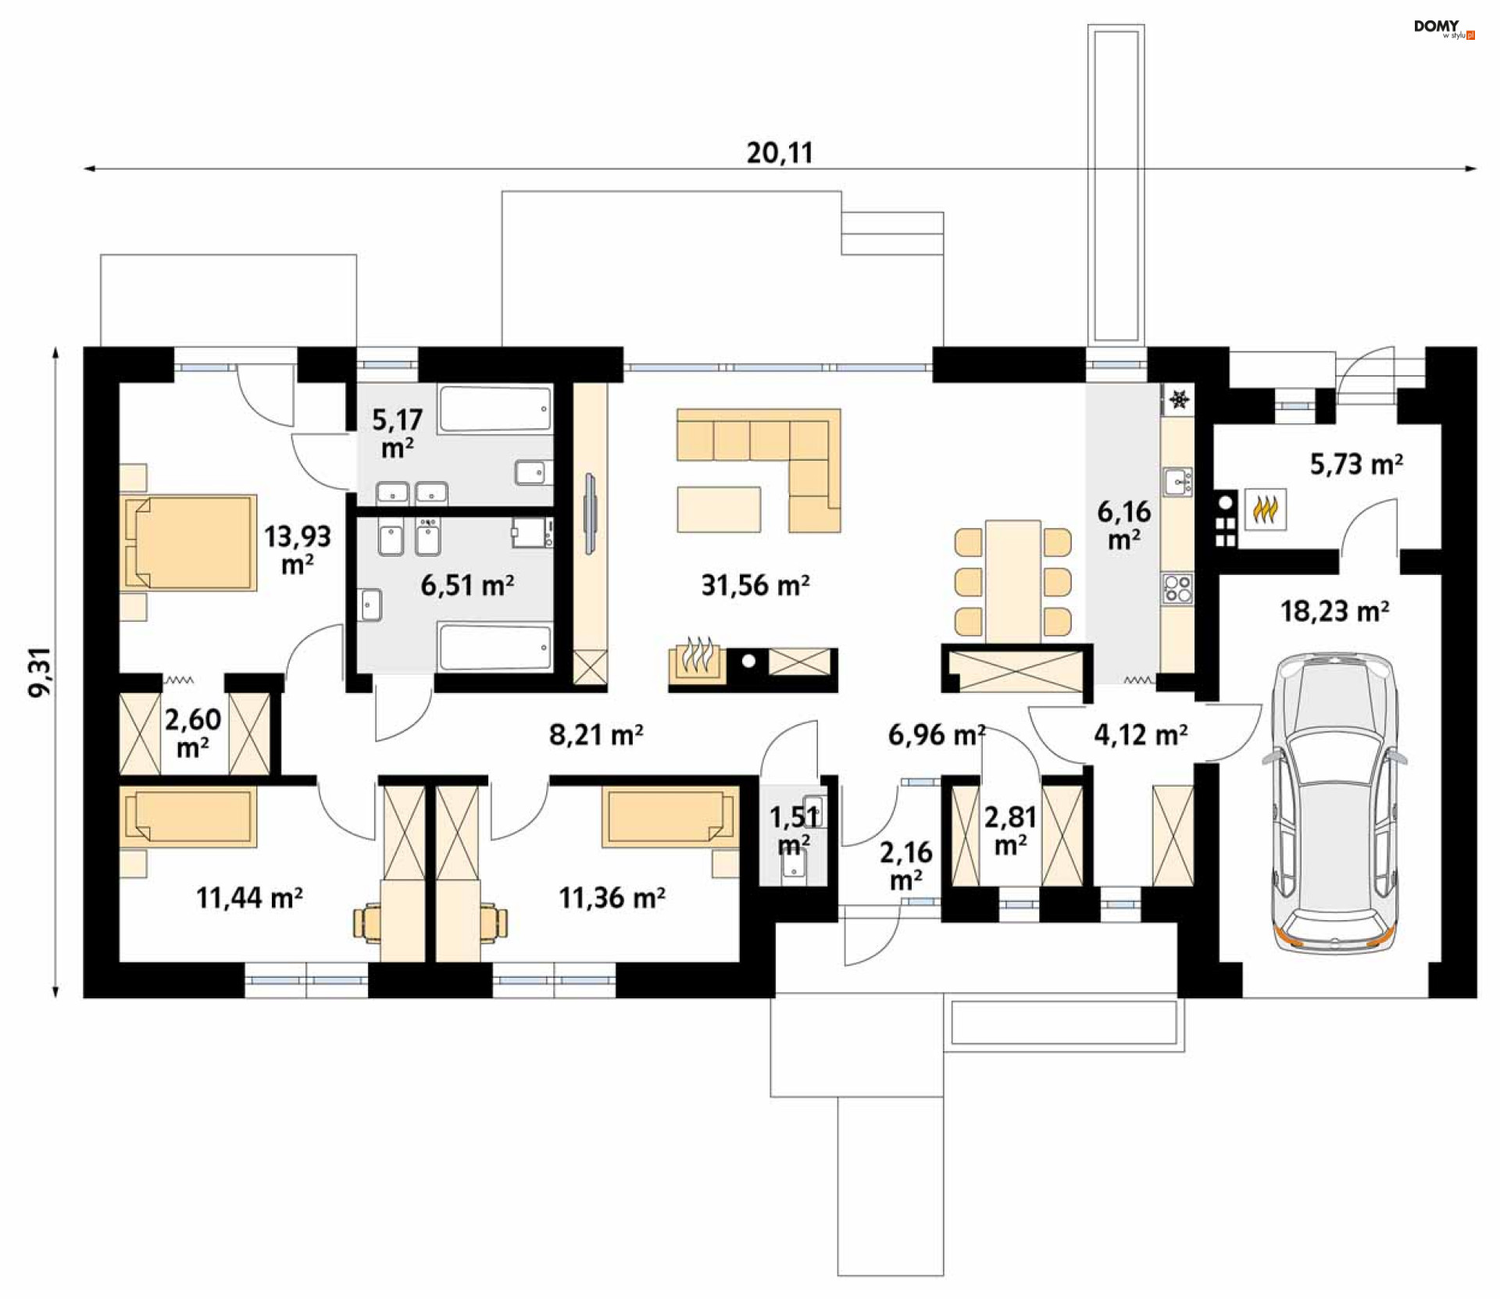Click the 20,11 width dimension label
click(780, 152)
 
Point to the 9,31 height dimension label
click(40, 672)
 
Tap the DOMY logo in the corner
click(1444, 29)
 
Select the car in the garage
click(1335, 803)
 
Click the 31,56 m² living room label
click(755, 585)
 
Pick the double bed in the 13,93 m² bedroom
click(189, 542)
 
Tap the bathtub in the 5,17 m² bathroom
click(495, 409)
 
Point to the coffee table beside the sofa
click(719, 509)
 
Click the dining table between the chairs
click(1012, 582)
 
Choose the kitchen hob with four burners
click(1177, 588)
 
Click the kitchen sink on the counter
click(1177, 482)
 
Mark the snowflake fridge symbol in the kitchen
click(1179, 400)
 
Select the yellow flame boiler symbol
click(1266, 510)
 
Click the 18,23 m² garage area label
click(1334, 611)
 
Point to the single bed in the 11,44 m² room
click(188, 817)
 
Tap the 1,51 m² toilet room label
click(795, 830)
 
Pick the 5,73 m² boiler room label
click(1356, 465)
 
